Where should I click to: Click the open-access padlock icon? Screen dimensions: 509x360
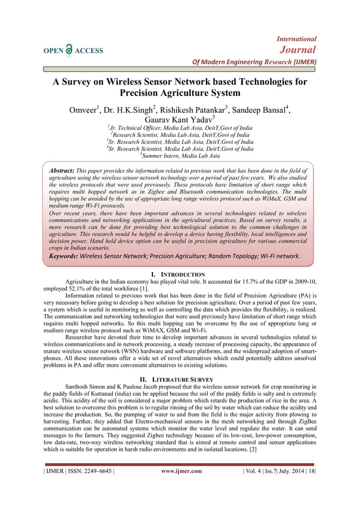point(69,50)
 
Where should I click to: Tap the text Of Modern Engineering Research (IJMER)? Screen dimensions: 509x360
point(254,62)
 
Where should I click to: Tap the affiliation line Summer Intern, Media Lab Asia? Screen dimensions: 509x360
point(181,155)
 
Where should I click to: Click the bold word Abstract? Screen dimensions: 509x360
point(62,170)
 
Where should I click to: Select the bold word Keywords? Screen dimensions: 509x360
point(64,256)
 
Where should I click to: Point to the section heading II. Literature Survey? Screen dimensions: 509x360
point(180,378)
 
